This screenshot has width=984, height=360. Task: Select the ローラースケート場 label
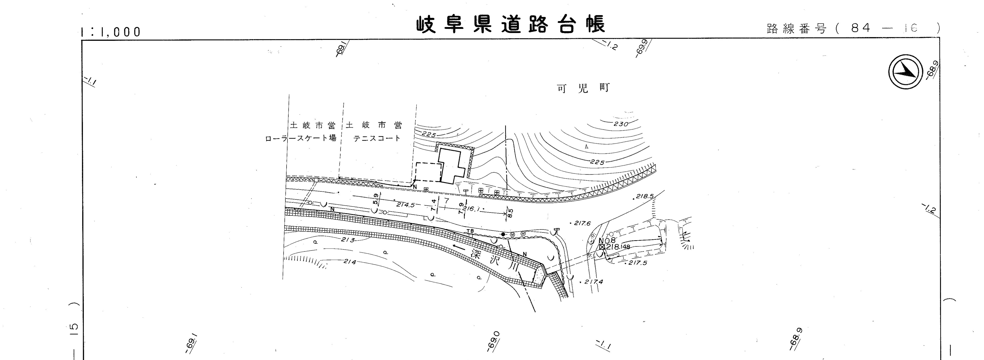pyautogui.click(x=301, y=138)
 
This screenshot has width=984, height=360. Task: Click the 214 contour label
pyautogui.click(x=350, y=262)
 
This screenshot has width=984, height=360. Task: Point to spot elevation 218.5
pyautogui.click(x=645, y=196)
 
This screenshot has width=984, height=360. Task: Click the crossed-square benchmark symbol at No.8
pyautogui.click(x=602, y=247)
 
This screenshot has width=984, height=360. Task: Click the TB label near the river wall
pyautogui.click(x=470, y=231)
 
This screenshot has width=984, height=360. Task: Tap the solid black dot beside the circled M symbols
pyautogui.click(x=503, y=234)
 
